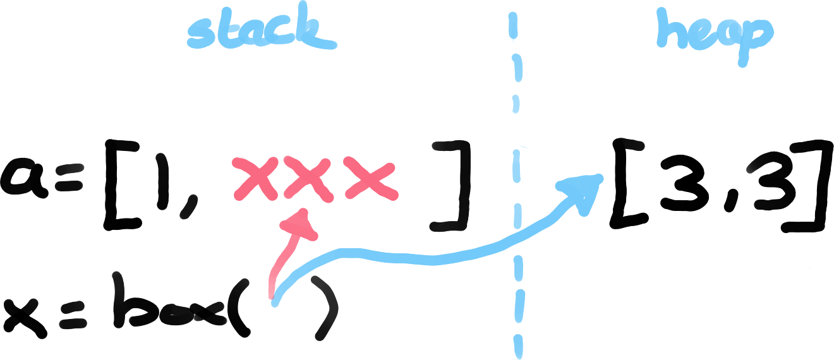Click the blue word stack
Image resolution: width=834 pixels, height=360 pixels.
[260, 34]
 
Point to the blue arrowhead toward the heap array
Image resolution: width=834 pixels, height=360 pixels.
[584, 189]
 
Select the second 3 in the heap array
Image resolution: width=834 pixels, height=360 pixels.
[768, 183]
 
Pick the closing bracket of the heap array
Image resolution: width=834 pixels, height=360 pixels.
[812, 186]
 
